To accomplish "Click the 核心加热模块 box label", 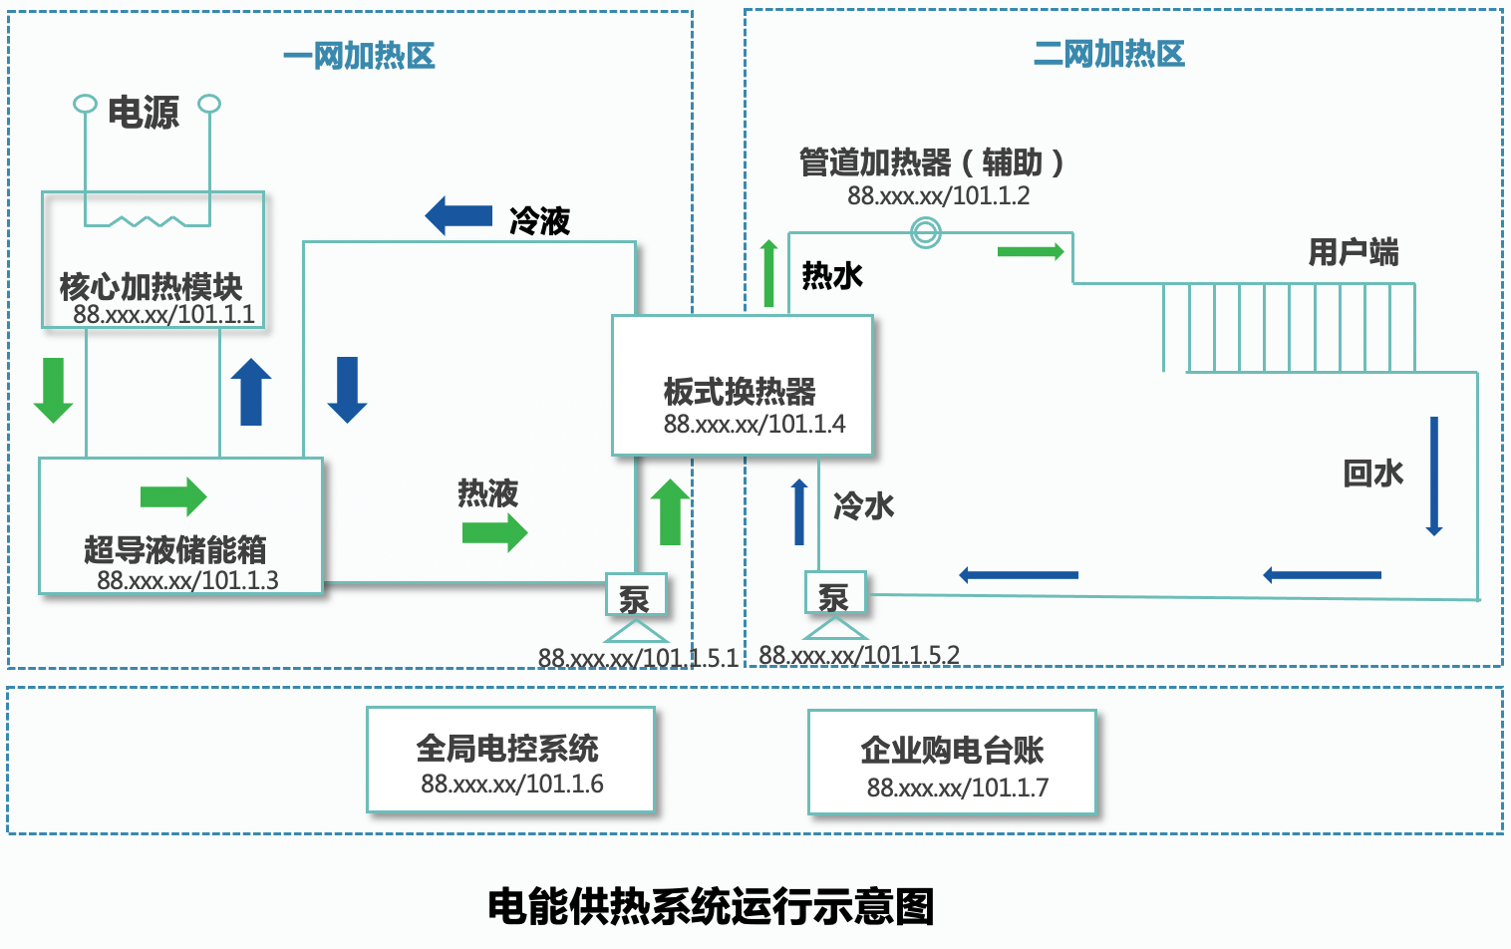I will click(x=151, y=287).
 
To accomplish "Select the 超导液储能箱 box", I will click(x=180, y=526).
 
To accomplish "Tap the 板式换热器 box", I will click(x=742, y=386).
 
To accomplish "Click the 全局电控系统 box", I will click(x=510, y=760).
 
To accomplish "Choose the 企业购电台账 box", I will click(x=952, y=763).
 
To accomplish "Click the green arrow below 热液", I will click(x=494, y=532).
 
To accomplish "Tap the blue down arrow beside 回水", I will click(x=1434, y=475).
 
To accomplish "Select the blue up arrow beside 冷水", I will click(x=799, y=511).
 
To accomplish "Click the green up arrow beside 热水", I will click(x=768, y=273).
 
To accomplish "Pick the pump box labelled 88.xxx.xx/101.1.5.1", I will click(x=635, y=597).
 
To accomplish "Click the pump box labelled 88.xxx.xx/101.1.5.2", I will click(x=835, y=595).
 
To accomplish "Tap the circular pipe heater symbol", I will click(x=926, y=233).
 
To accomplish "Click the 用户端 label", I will click(x=1353, y=252).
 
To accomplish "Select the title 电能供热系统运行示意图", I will click(x=711, y=906).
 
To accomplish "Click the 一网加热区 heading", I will click(x=359, y=56).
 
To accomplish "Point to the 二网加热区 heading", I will click(x=1109, y=54).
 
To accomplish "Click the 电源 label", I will click(x=144, y=113).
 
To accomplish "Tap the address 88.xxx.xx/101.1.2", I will click(x=938, y=195).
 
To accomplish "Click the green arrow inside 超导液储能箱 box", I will click(x=173, y=496).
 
